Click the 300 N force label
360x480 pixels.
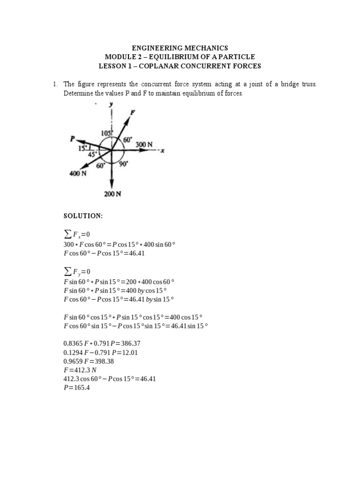pos(144,145)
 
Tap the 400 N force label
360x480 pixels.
pos(78,173)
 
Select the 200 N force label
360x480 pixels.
pos(112,194)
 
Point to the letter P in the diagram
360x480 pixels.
pos(73,139)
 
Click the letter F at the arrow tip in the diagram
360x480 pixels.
pos(133,112)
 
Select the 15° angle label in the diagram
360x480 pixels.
pos(83,149)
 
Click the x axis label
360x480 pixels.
pos(163,150)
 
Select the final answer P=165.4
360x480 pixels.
pos(76,388)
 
